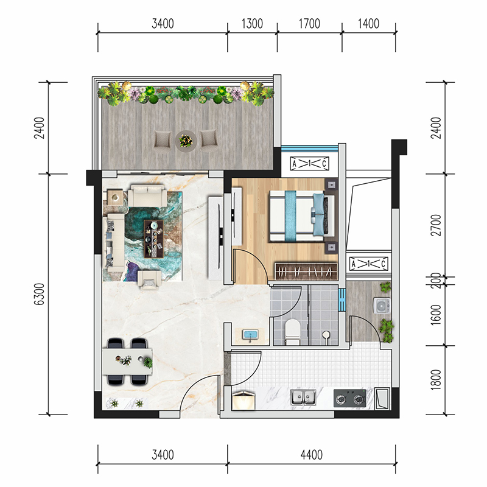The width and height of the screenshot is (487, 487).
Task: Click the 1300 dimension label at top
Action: point(252,24)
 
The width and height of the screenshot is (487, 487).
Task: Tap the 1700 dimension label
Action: point(309,24)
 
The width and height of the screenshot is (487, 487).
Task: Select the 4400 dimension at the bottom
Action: point(312,455)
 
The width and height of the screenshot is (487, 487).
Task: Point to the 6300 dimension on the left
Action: point(40,294)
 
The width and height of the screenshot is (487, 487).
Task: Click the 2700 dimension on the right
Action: point(436,225)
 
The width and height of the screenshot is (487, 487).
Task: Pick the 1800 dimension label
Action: point(436,380)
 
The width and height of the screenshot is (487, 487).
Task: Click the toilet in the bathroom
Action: point(292,332)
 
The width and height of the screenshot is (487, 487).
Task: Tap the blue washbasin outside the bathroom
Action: point(251,335)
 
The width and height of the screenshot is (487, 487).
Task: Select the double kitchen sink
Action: point(303,398)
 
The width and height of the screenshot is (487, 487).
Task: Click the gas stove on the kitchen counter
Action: point(349,398)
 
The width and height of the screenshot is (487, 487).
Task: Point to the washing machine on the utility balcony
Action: point(382,306)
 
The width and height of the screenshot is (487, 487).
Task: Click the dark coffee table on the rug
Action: point(153,239)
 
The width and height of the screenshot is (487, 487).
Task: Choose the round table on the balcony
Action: point(186,141)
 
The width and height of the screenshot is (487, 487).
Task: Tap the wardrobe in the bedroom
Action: point(306,272)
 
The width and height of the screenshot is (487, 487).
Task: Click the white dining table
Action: point(127,362)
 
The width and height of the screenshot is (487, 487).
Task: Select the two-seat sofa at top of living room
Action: point(147,195)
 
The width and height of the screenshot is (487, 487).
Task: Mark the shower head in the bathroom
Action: point(326,335)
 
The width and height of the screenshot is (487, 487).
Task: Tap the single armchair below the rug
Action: point(149,279)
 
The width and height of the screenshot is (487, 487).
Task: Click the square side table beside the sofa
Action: point(115,197)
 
